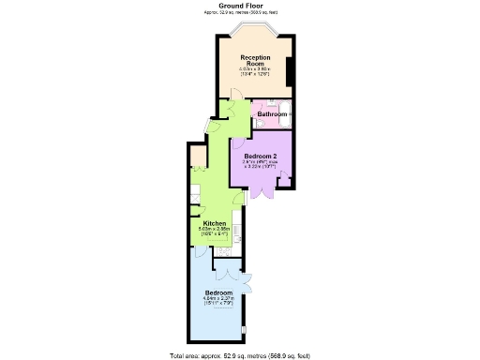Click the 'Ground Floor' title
click(241, 5)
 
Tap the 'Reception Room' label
click(255, 60)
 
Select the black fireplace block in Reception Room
click(291, 69)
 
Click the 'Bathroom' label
click(272, 113)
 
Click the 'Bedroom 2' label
click(261, 155)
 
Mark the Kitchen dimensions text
click(215, 231)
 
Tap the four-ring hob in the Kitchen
click(223, 251)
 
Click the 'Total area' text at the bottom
click(241, 355)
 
